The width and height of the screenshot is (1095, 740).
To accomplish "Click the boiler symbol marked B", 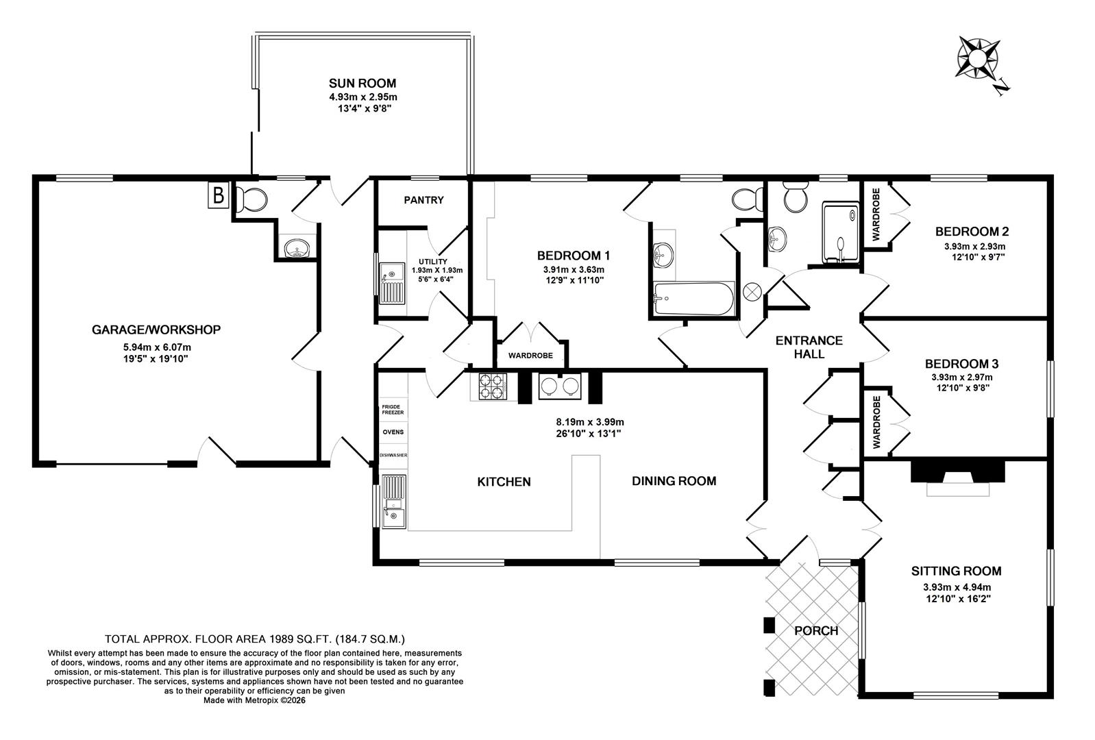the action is [x=218, y=195].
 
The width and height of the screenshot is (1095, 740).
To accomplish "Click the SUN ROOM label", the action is [x=362, y=83].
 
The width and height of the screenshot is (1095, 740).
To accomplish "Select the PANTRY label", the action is [x=424, y=200].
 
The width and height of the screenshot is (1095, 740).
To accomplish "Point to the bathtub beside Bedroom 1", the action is [x=694, y=299].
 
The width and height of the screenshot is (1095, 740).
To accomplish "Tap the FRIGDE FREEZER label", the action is [x=393, y=410].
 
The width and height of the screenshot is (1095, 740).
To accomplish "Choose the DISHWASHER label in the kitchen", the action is [x=393, y=455].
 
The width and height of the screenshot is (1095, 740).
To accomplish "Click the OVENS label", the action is [x=393, y=432].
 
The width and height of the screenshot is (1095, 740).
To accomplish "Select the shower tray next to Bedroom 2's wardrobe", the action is [x=841, y=232].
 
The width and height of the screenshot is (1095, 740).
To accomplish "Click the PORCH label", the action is [x=816, y=630].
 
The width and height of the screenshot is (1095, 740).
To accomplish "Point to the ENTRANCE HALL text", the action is [x=809, y=347].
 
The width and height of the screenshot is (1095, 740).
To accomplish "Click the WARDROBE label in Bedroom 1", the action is [x=530, y=356].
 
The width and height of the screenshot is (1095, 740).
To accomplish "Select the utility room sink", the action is [x=393, y=284].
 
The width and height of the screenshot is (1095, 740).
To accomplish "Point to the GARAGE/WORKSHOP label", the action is [x=156, y=330].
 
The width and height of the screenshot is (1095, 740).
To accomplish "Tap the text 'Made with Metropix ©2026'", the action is [x=254, y=700].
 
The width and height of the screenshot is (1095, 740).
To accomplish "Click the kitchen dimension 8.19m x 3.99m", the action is [x=590, y=422].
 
